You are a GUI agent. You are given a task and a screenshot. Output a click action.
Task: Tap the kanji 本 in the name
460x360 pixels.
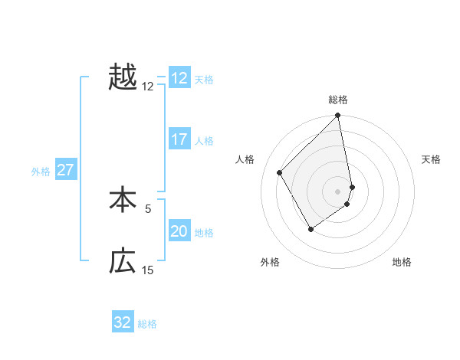coord(123,200)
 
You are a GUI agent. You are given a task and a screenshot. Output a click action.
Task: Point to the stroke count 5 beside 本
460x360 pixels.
coord(148,208)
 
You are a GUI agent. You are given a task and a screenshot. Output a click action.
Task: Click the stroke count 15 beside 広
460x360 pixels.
coord(148,270)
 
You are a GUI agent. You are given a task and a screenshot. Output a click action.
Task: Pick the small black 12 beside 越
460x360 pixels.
coord(148,87)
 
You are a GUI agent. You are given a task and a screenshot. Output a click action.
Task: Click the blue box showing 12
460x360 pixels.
coord(179,77)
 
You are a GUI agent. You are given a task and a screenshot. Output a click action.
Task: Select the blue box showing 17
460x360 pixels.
coord(179,139)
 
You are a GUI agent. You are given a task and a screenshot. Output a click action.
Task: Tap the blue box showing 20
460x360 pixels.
coord(179,231)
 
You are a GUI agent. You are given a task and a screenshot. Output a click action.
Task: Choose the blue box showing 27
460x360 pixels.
coord(65,170)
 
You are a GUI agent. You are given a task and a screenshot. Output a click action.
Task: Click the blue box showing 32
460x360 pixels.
coord(123,322)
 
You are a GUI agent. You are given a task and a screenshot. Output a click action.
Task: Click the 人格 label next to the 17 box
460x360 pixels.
coord(204,140)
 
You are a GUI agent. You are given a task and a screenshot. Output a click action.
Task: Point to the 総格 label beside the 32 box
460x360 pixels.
coord(147,323)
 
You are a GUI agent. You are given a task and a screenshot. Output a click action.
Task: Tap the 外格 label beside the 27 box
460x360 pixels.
coord(41,172)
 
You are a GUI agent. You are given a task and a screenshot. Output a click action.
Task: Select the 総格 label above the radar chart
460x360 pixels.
coord(338,100)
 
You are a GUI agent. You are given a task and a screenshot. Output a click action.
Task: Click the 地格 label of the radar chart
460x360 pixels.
coord(402,262)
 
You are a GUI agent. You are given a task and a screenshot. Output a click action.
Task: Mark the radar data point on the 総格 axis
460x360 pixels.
coord(338,116)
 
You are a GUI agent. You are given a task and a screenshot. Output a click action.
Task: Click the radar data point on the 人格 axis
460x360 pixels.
coord(280,172)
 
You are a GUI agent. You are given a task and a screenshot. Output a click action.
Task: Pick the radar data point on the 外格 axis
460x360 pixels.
coord(310,229)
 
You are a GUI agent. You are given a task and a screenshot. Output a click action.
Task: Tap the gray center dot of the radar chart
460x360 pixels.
coord(338,191)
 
